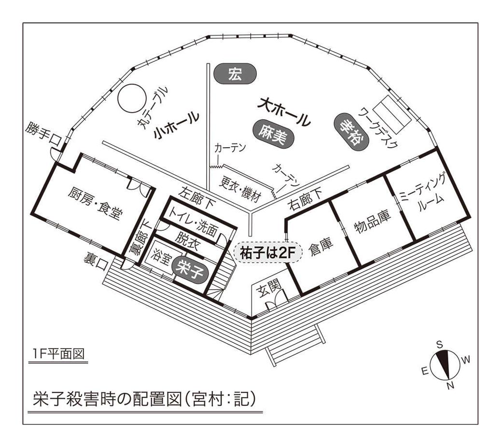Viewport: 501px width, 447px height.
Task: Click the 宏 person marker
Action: (235, 75)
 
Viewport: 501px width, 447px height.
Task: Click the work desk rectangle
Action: (393, 115)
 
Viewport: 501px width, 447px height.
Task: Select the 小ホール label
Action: (176, 126)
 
